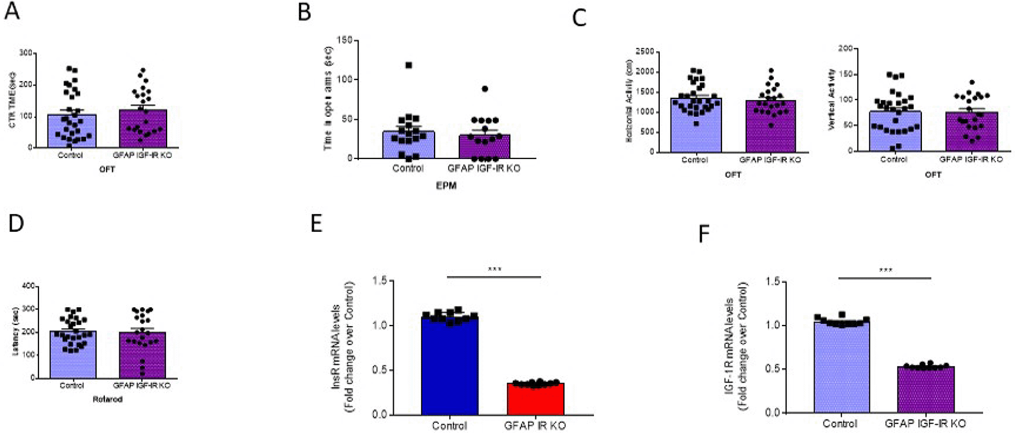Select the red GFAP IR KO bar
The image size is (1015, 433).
coord(535,399)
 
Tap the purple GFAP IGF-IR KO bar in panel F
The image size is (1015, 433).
coord(925,390)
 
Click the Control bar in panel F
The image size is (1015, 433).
coord(841,368)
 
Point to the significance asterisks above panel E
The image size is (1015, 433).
coord(494,270)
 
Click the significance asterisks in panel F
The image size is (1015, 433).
coord(885,271)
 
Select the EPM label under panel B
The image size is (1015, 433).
coord(446,186)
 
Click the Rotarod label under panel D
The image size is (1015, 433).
coord(107,399)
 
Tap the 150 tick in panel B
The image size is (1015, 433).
coord(344,40)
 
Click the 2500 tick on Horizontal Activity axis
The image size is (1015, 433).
coord(644,52)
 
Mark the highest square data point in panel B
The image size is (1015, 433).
coord(408,65)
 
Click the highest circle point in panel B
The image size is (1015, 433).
coord(484,89)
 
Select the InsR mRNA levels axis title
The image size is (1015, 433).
coord(336,347)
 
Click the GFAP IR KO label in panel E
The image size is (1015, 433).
coord(535,425)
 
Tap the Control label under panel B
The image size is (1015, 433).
coord(408,168)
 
